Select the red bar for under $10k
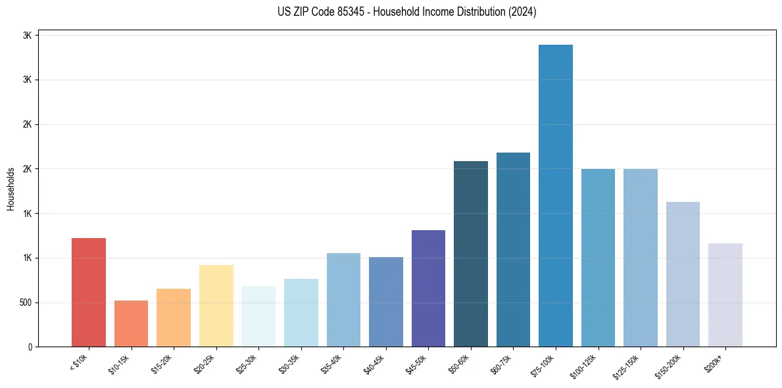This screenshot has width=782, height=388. tap(89, 292)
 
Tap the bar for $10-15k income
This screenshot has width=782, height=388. tap(131, 324)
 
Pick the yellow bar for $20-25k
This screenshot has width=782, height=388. tap(216, 306)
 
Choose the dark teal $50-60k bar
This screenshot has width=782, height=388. tap(471, 254)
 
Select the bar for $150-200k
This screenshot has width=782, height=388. tap(683, 274)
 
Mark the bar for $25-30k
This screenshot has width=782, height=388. tap(258, 316)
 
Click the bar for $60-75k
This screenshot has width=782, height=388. tap(513, 249)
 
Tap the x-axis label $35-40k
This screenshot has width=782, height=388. tap(333, 363)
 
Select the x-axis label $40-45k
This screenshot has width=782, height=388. tap(376, 363)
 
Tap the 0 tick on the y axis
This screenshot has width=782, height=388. tap(30, 347)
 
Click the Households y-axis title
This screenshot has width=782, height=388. tap(11, 189)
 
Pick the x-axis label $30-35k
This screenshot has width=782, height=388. tap(291, 363)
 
